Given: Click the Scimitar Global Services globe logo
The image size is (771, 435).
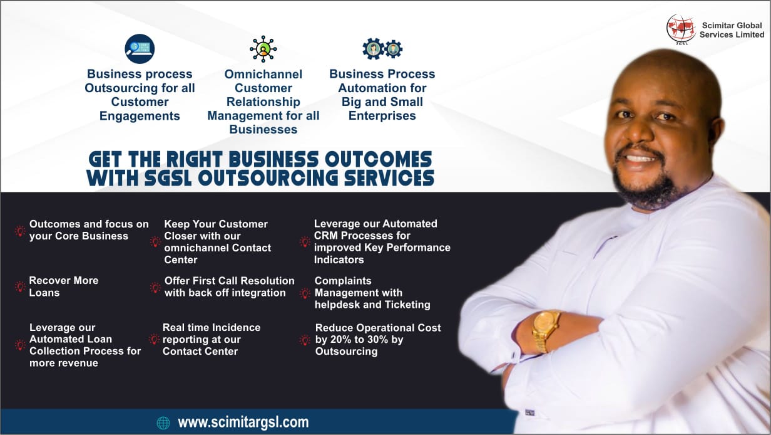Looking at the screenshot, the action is tap(681, 29).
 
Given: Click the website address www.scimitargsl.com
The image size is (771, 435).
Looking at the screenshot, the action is tap(243, 422).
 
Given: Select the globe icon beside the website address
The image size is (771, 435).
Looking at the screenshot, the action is tap(163, 423).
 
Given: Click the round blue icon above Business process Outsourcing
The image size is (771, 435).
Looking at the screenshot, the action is tap(140, 49).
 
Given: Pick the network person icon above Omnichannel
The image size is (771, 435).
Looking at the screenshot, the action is tap(263, 49).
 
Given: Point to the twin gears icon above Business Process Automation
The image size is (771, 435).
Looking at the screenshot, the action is tap(382, 49).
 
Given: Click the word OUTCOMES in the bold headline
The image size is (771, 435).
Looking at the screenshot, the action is tap(378, 160).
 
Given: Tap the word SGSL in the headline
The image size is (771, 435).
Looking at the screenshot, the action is tap(168, 178).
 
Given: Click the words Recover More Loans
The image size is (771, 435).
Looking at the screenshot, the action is tap(64, 286).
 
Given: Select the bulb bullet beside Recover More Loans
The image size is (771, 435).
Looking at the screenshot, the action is tap(20, 287).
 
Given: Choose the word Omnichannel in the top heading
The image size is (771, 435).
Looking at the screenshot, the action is tap(263, 74).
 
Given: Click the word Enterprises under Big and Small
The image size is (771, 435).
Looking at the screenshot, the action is tap(382, 116).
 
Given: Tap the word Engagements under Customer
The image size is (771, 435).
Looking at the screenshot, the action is tap(140, 116).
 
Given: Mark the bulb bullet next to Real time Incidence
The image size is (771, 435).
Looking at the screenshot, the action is tap(154, 340).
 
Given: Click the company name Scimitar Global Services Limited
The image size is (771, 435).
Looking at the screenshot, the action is tap(732, 30).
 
